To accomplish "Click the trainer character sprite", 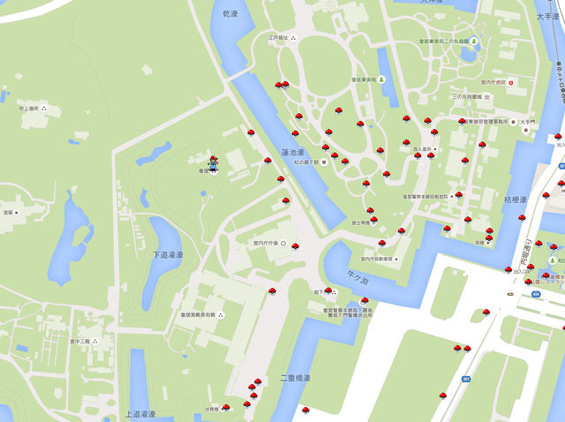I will point(213,163).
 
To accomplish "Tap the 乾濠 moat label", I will point(230,14).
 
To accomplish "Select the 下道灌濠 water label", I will point(168,254).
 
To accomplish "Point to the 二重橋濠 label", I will point(296,378).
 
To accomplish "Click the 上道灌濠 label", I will point(139,413).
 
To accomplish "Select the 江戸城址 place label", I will point(279,38).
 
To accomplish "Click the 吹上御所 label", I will point(28,109).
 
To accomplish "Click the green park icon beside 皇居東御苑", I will point(475,41).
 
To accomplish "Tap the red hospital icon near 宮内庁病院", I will point(510,82).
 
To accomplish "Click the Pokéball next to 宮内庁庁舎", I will point(295,246).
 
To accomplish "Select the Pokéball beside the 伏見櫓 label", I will point(226,408).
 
